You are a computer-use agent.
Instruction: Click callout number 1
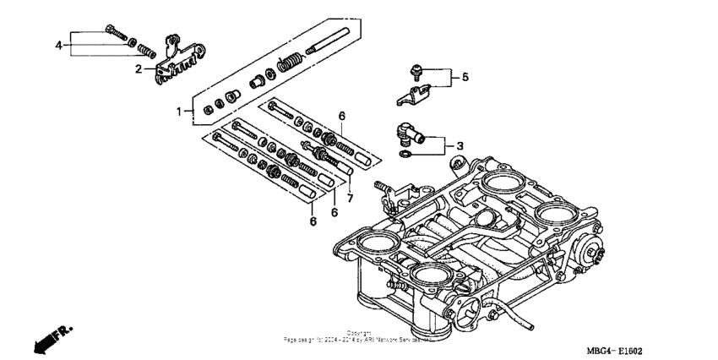(179, 111)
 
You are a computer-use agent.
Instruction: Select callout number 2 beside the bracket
(139, 69)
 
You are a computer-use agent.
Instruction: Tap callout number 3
(460, 146)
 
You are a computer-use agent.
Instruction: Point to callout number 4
(58, 44)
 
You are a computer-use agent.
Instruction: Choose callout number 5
(465, 79)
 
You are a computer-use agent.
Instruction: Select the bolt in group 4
(116, 33)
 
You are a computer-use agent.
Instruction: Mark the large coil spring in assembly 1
(290, 62)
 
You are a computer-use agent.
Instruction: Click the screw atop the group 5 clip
(416, 68)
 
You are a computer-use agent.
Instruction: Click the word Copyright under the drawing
(358, 332)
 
